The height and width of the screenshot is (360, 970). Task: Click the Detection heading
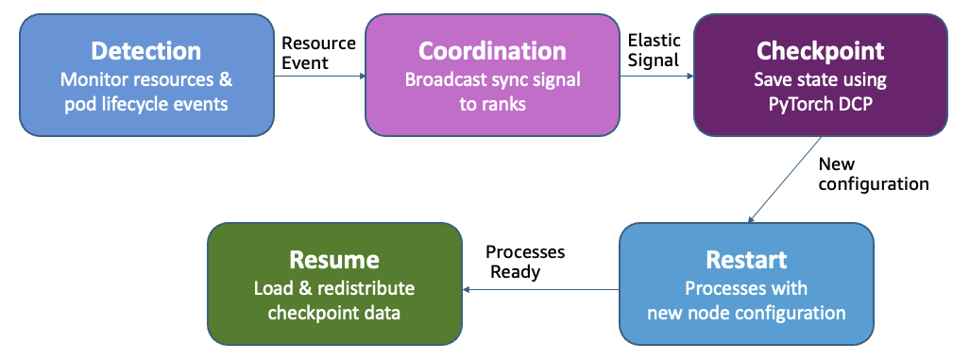point(145,51)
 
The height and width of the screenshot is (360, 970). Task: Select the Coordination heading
point(492,51)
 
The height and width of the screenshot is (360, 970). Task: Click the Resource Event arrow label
point(319,53)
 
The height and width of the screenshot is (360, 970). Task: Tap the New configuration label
point(873,174)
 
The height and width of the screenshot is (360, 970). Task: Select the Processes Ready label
point(524,263)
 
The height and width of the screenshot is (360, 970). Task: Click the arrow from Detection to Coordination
point(319,78)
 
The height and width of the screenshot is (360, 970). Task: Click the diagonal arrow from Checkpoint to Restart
point(786,180)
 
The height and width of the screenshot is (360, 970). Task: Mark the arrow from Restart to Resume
point(538,289)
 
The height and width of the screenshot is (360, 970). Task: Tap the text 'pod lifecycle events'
point(145,103)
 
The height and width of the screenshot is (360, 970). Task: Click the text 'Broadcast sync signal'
point(492,79)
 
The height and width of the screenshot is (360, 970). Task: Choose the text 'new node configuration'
point(745,312)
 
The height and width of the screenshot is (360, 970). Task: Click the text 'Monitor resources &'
point(145,79)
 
